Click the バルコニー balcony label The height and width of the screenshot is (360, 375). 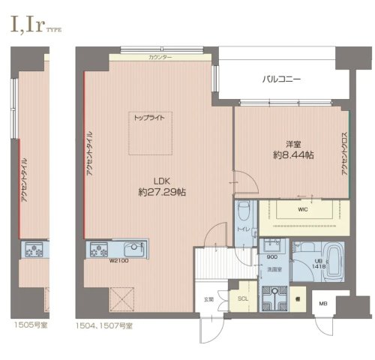click(281, 78)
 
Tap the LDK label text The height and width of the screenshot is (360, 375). click(163, 180)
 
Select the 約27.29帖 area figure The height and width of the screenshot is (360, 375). click(163, 193)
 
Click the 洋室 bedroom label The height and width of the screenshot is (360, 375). click(292, 142)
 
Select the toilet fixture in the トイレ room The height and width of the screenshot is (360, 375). click(243, 211)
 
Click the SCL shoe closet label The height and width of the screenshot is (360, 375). click(242, 298)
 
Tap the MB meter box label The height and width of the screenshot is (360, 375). click(323, 303)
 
